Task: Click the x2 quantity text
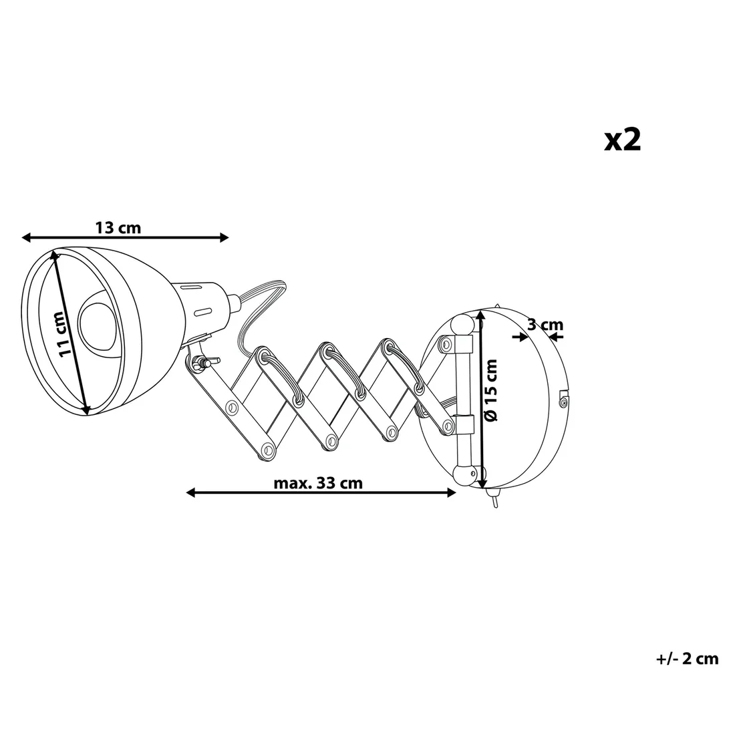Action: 622,139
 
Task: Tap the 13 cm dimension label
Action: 118,228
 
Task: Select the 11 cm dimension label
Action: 63,334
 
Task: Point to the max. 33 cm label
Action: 318,483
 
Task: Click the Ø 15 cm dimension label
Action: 490,390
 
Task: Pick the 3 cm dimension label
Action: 545,324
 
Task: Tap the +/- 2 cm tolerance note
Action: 687,659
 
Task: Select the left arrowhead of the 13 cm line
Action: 26,238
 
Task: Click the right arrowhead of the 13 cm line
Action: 224,238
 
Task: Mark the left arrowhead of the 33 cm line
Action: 191,492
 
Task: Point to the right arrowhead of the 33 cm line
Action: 451,492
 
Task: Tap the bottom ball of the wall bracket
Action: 465,475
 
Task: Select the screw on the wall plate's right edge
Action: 563,401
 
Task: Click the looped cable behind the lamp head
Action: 260,309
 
